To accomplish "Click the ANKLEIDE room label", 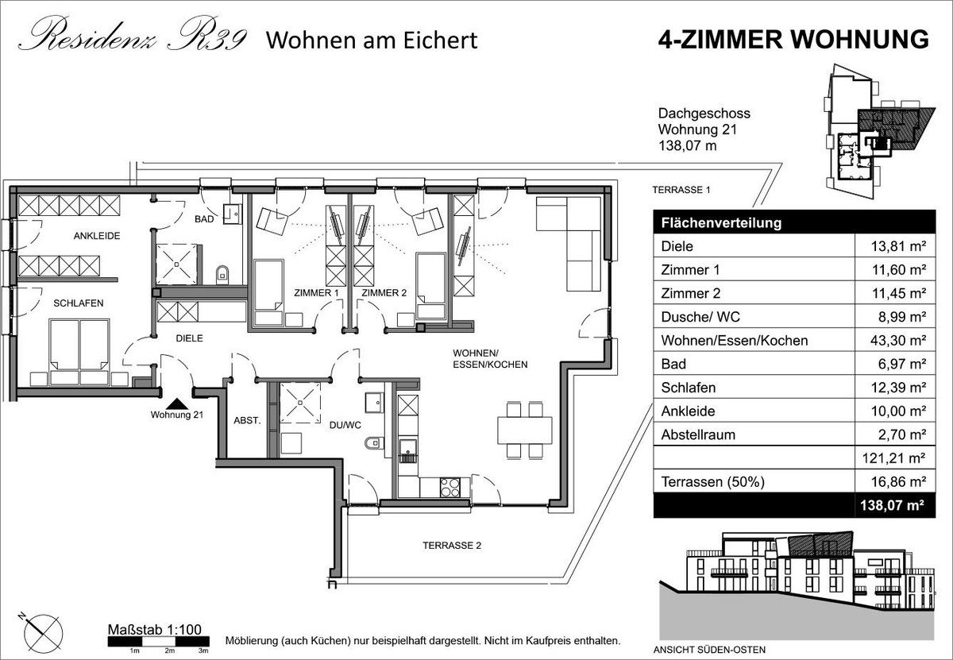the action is click(x=97, y=236).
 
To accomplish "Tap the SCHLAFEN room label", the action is click(x=79, y=303).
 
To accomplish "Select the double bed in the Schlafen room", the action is click(x=79, y=353).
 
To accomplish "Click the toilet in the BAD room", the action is click(x=222, y=275).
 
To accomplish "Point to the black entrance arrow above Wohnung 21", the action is click(x=176, y=403).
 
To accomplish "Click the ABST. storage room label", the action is click(x=247, y=420).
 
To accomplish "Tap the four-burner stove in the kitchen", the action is click(x=449, y=487).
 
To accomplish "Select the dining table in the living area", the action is click(x=525, y=430).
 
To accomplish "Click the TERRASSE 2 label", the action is click(x=452, y=546).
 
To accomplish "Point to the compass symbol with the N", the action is click(x=43, y=633).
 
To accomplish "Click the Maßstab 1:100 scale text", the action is click(x=154, y=629).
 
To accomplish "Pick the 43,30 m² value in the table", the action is click(x=897, y=341).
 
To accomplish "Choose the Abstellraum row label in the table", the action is click(x=698, y=434).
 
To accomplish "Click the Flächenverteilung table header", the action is click(x=721, y=223).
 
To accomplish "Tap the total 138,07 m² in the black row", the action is click(x=892, y=505).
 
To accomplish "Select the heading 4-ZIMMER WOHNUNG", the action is click(x=793, y=40).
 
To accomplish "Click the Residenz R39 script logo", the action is click(x=133, y=34).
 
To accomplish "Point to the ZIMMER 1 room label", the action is click(x=316, y=293).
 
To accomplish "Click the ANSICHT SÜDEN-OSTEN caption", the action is click(x=709, y=650).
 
